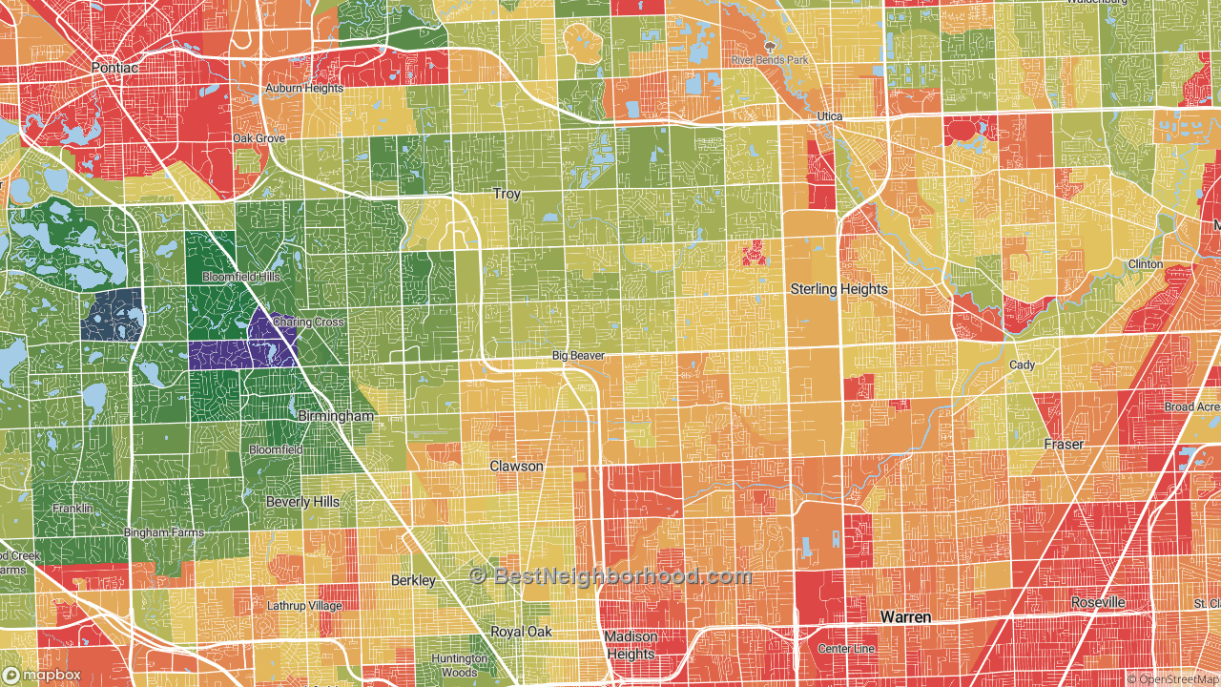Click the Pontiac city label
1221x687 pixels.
pos(115,68)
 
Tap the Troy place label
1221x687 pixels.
pos(507,194)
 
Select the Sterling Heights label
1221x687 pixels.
pos(838,289)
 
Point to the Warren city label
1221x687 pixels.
pos(905,617)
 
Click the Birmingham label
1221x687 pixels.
pos(336,417)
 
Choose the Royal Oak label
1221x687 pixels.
pos(521,632)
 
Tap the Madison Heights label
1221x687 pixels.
pos(631,645)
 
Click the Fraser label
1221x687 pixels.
pos(1064,445)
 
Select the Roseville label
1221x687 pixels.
pos(1097,603)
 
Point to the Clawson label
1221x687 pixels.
pos(516,467)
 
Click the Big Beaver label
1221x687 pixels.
pos(578,356)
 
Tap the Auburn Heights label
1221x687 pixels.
pos(303,89)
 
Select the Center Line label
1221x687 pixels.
pos(846,649)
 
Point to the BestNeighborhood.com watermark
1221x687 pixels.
pos(610,576)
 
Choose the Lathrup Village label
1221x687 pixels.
pos(304,606)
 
